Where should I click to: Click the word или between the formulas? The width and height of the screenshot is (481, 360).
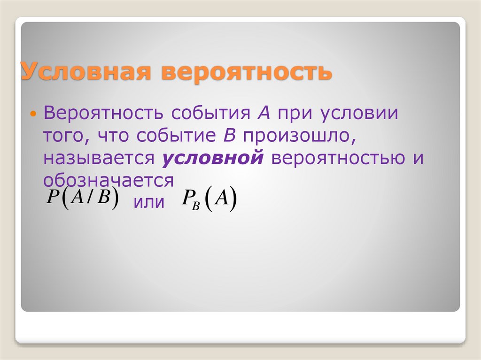coord(149,203)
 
